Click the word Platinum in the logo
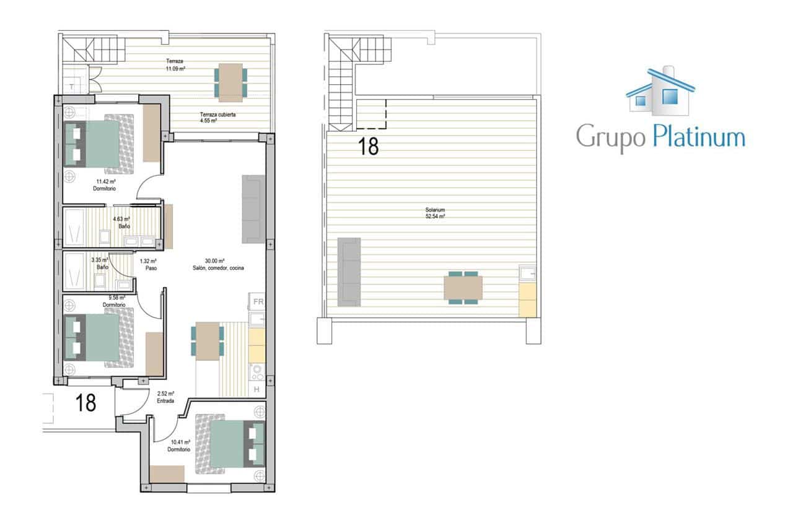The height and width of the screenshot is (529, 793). [698, 136]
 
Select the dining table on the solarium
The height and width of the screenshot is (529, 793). [463, 288]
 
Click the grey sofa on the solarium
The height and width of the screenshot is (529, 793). [349, 272]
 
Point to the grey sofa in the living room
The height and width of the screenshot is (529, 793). [252, 209]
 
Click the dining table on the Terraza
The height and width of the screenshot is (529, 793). [230, 82]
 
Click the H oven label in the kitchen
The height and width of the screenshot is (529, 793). [256, 389]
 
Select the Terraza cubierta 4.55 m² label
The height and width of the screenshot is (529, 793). [217, 118]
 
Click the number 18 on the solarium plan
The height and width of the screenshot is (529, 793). [368, 146]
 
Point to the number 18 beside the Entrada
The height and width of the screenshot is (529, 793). [85, 403]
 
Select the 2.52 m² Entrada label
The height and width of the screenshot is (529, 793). [165, 397]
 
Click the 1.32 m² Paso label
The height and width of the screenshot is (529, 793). [148, 265]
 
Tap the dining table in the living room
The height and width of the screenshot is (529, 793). [208, 341]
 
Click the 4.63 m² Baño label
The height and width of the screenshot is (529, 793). [121, 222]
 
